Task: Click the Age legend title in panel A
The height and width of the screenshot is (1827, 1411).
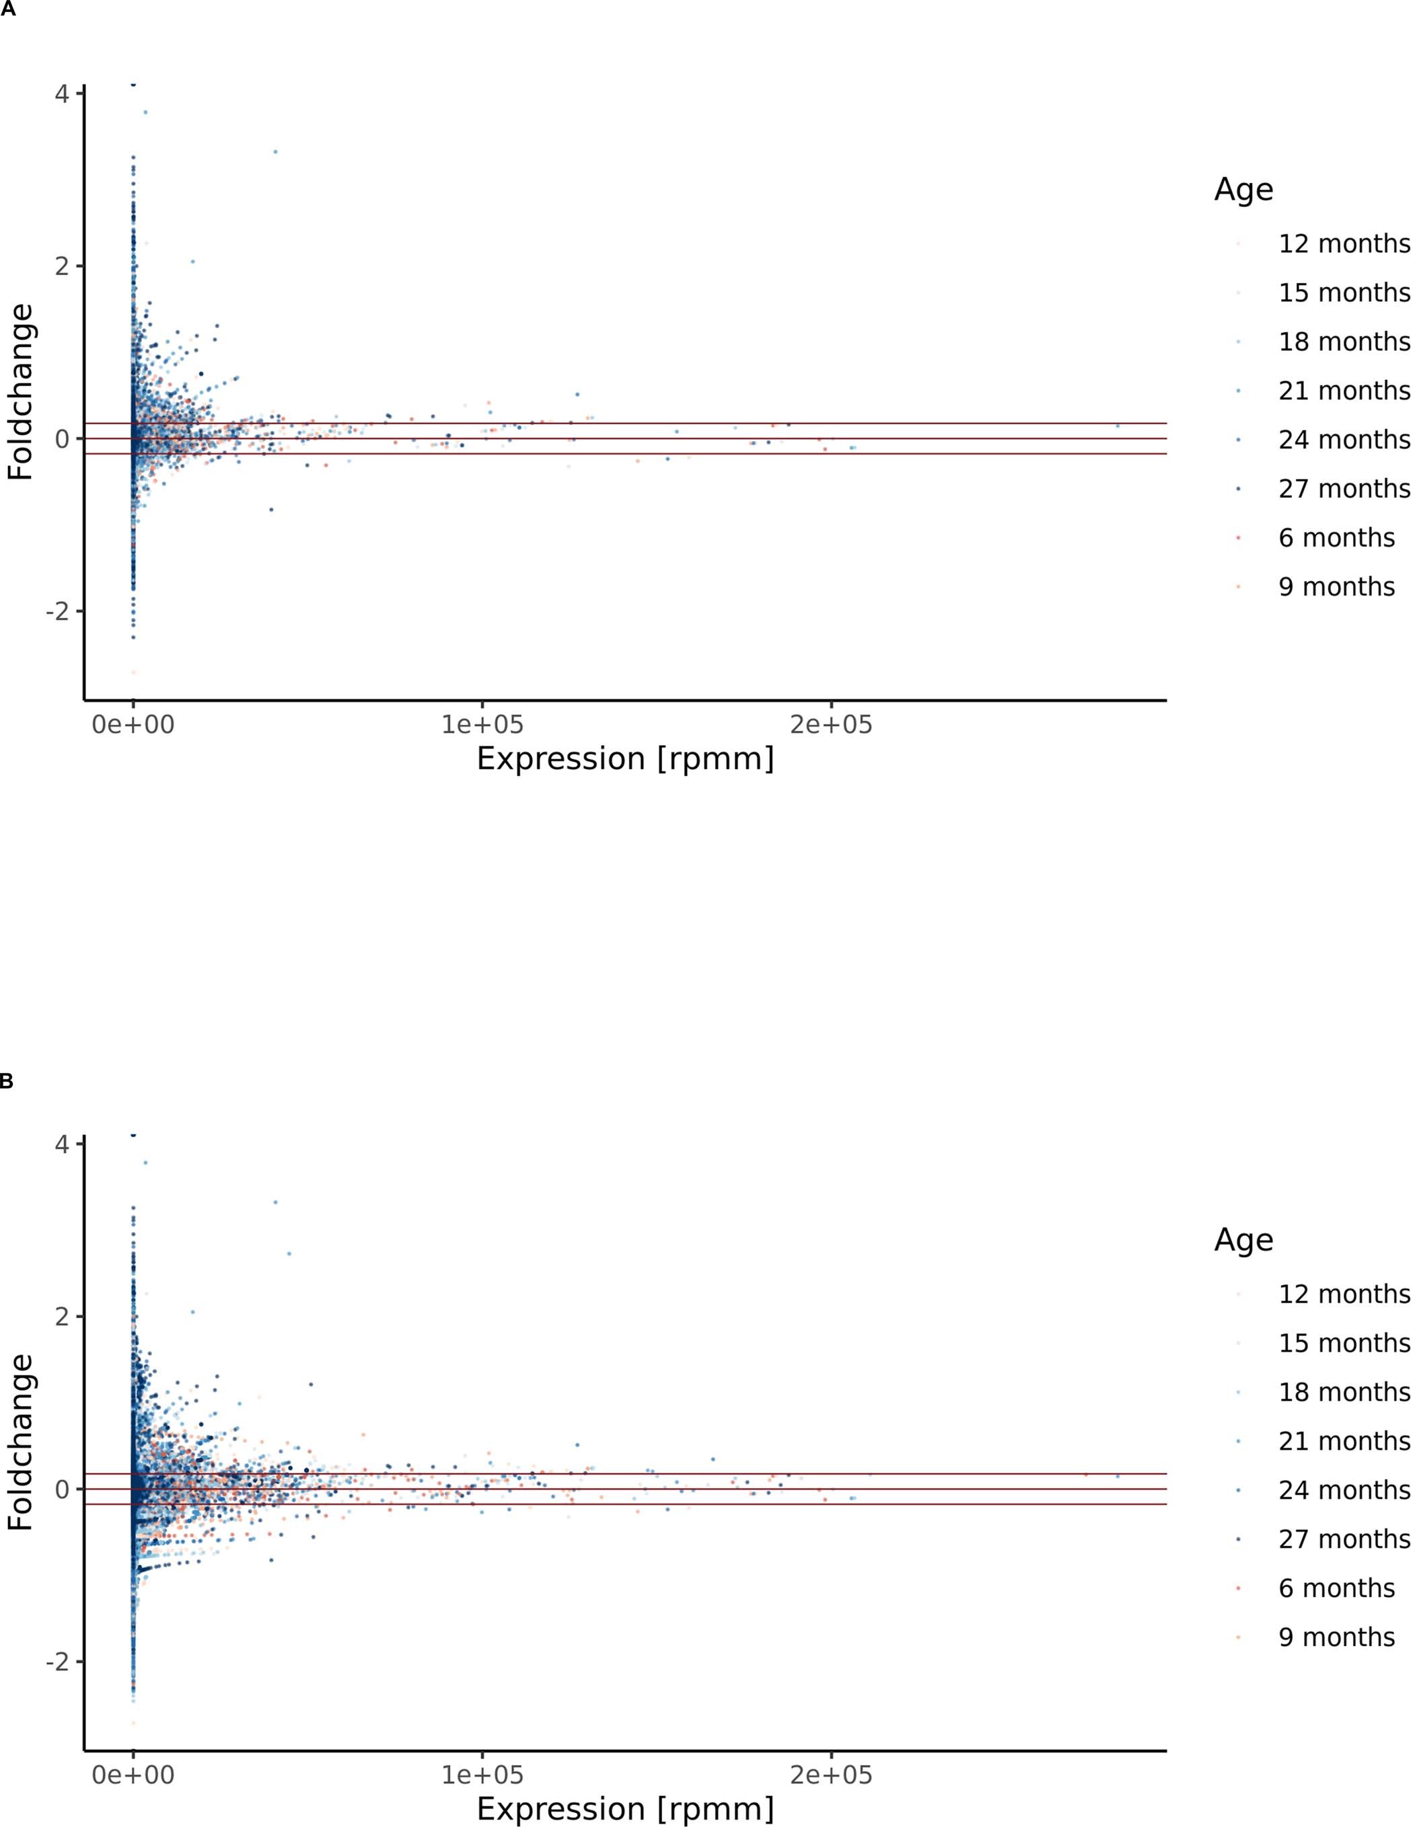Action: [1243, 190]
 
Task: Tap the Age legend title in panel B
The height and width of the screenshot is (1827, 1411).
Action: [1243, 1241]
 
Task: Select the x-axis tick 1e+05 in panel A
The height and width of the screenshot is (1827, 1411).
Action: [482, 724]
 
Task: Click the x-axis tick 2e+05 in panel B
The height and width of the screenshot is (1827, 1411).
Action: [830, 1775]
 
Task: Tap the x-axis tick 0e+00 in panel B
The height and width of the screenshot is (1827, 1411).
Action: [133, 1775]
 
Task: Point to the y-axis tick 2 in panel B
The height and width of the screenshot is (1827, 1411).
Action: [61, 1317]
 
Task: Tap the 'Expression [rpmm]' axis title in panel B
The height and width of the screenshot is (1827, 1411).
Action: [624, 1810]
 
